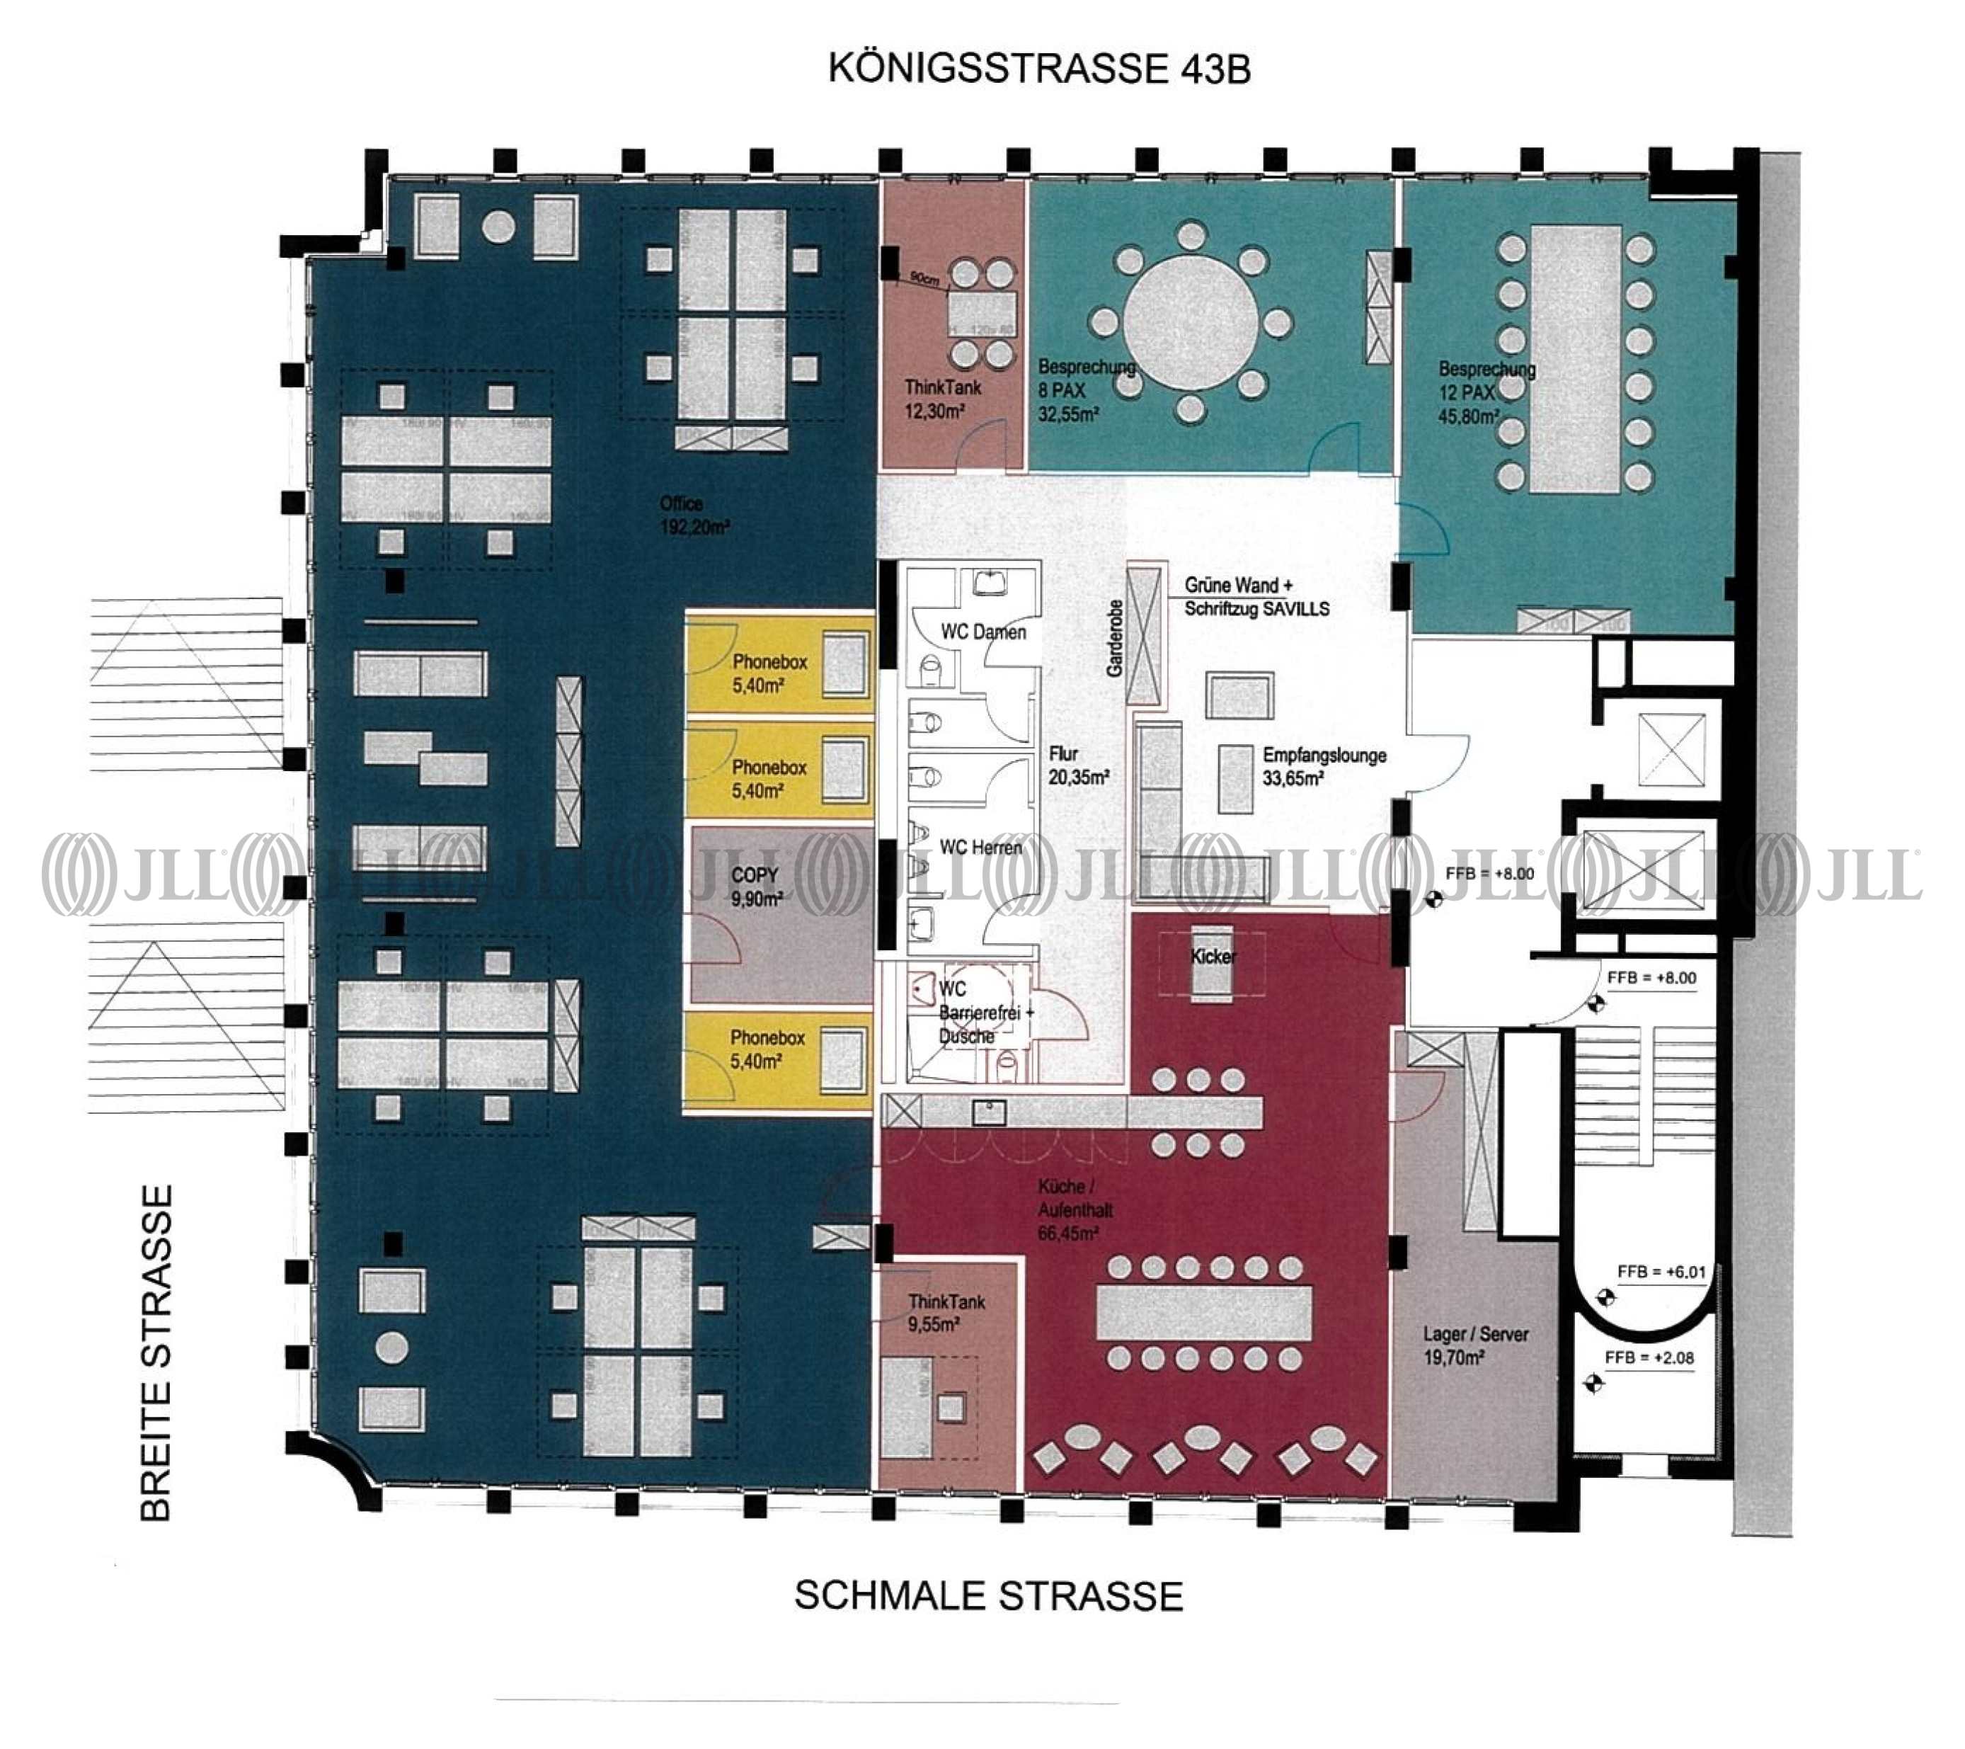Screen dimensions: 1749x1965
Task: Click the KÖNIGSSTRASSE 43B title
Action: coord(1039,69)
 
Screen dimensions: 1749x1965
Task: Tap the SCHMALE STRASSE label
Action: coord(988,1595)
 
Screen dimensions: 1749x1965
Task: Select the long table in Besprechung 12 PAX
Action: coord(1575,358)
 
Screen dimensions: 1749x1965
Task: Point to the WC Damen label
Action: coord(982,632)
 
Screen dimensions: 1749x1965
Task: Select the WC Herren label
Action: coord(980,847)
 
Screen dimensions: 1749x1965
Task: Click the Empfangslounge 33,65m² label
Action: coord(1324,766)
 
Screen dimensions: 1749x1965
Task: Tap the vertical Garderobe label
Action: coord(1114,639)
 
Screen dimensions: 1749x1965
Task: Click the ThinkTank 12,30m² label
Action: coord(942,400)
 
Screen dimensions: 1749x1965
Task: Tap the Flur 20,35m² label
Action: coord(1077,765)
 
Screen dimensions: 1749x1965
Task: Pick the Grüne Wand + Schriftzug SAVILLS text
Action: coord(1256,597)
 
